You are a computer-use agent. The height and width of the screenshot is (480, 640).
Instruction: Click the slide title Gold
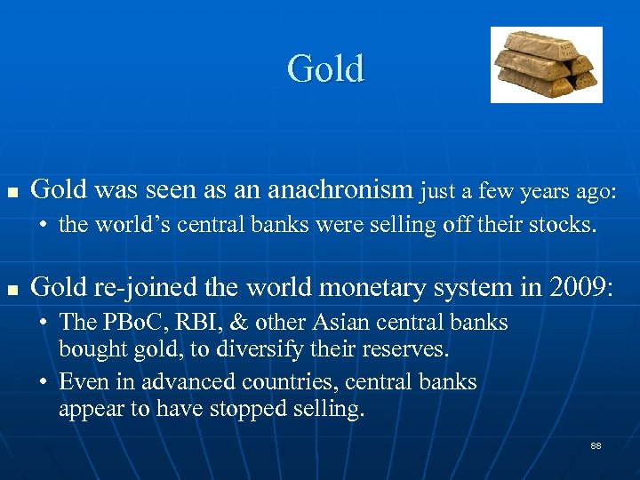click(325, 69)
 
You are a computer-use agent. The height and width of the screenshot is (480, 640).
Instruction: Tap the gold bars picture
click(546, 64)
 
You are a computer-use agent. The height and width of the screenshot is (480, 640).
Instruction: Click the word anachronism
click(341, 189)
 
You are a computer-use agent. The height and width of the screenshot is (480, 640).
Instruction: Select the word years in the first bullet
click(528, 190)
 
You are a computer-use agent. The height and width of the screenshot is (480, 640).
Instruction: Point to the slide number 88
click(596, 445)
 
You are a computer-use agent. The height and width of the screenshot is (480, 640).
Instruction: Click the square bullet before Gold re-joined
click(12, 289)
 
